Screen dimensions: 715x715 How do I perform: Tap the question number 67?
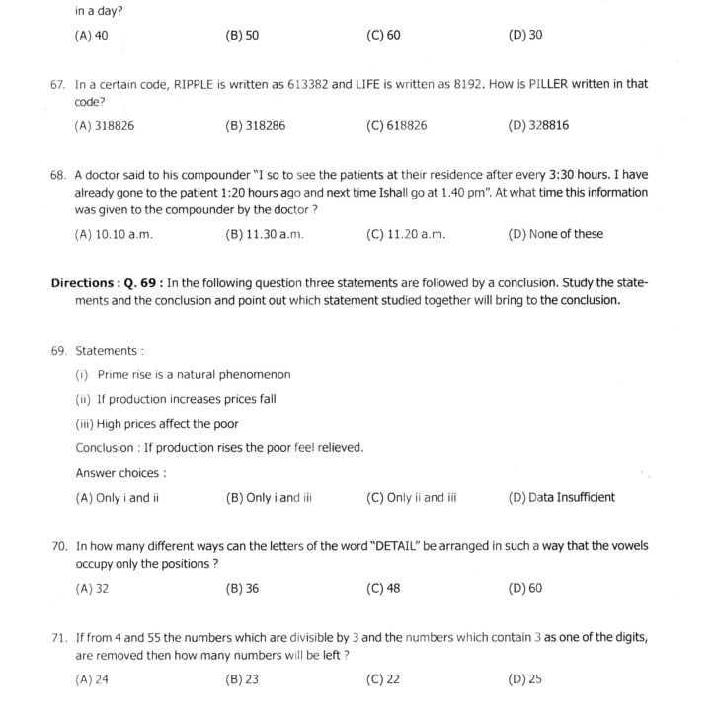(x=57, y=85)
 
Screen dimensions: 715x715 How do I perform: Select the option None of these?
(x=555, y=234)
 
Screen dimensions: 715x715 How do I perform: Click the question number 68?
(x=57, y=175)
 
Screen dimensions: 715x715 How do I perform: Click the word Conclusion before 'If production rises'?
(x=105, y=448)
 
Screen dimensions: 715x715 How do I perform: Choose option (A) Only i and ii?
(x=118, y=498)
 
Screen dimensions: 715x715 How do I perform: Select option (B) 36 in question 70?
(x=242, y=588)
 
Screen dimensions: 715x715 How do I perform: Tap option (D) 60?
(x=525, y=588)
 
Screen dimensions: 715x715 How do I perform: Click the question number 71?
(x=57, y=637)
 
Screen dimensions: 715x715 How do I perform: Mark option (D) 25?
(x=524, y=678)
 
